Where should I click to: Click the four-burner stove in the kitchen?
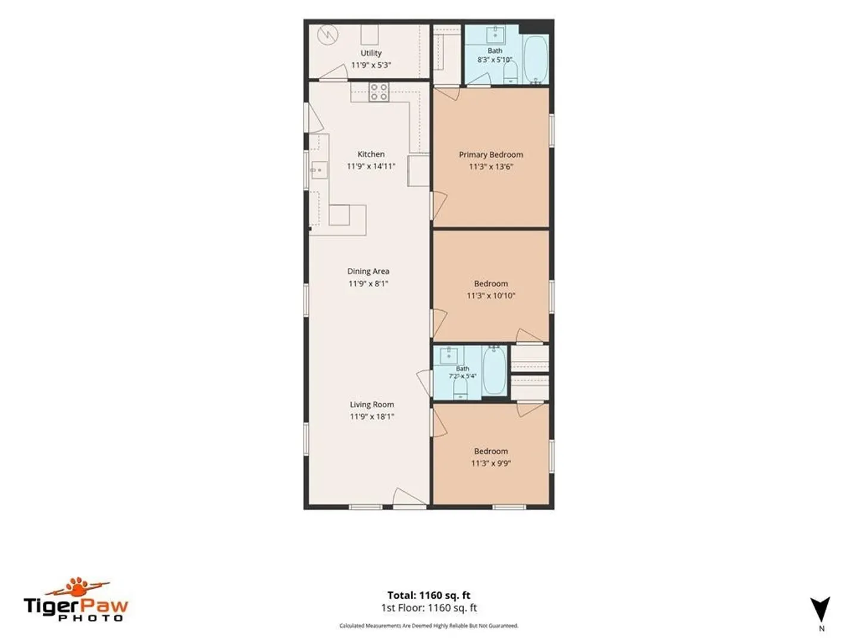tap(379, 92)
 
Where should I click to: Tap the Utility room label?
tap(371, 53)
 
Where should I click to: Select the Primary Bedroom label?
tap(491, 155)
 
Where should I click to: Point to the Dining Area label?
tap(368, 271)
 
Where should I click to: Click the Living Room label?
tap(372, 404)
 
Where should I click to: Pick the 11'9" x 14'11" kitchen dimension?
tap(371, 166)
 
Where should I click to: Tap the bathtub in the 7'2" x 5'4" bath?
tap(495, 370)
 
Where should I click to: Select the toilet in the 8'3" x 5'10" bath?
tap(510, 73)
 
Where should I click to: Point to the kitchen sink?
tap(319, 170)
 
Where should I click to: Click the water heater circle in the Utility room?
tap(327, 36)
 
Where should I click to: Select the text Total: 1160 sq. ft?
tap(428, 595)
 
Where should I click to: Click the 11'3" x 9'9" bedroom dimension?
tap(491, 463)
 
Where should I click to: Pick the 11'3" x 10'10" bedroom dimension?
tap(491, 295)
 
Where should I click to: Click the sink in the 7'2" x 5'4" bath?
tap(449, 355)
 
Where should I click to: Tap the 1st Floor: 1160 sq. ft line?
tap(428, 608)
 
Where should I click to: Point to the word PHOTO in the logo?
tap(90, 618)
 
